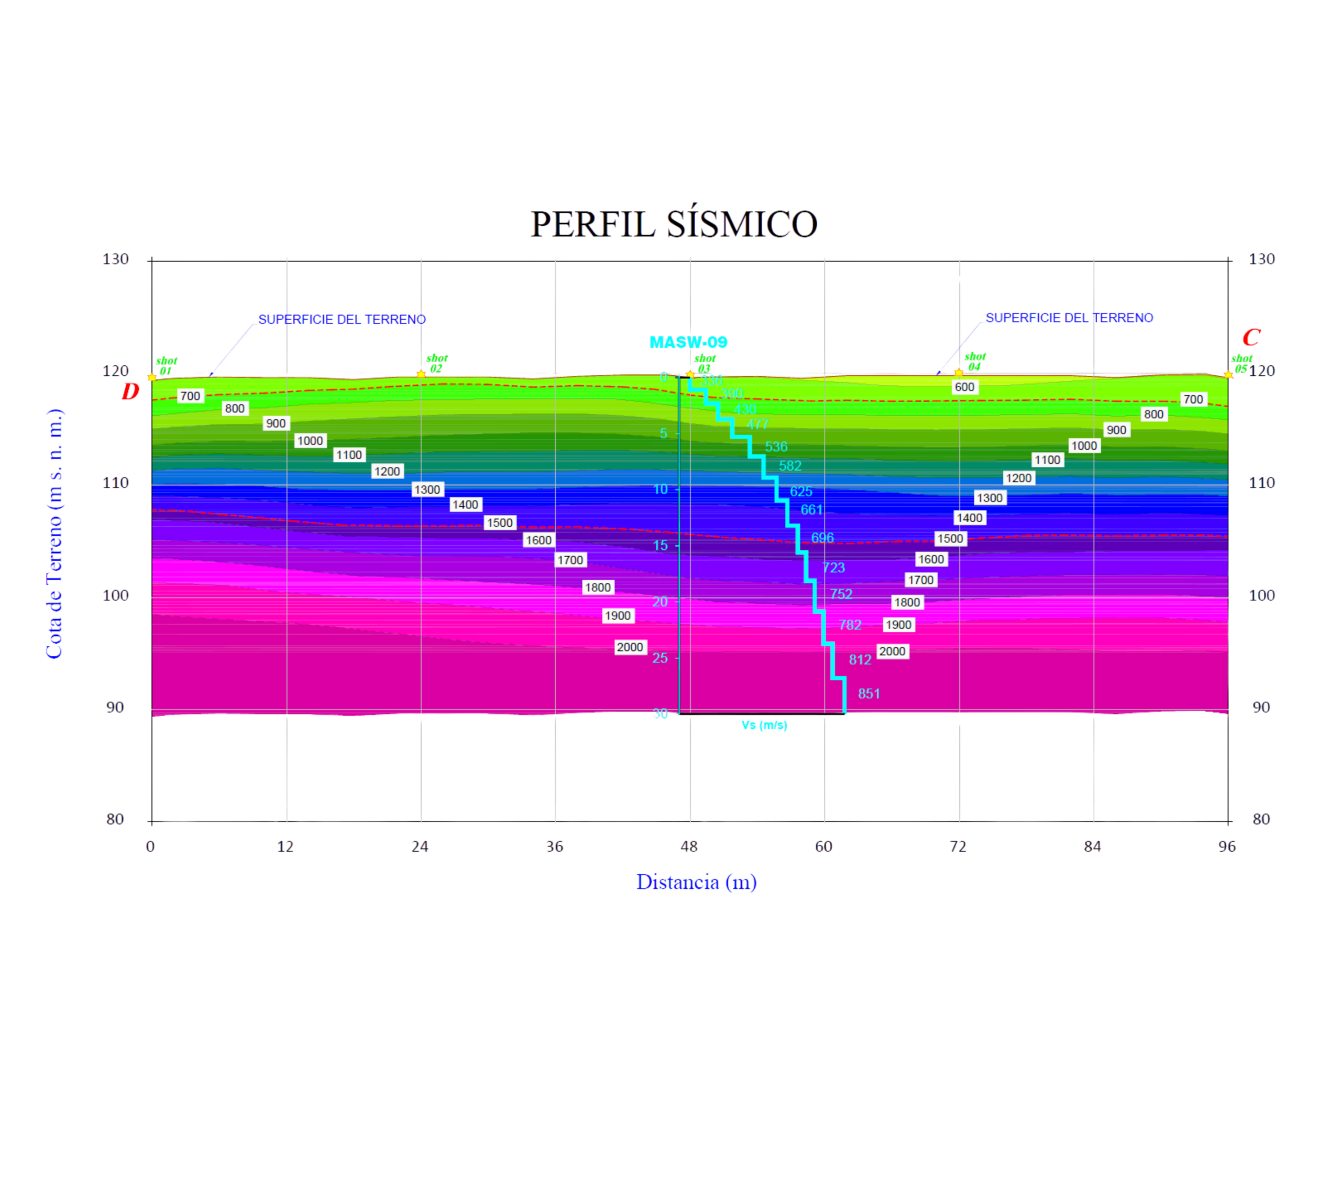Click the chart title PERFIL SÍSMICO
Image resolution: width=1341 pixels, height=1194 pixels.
674,224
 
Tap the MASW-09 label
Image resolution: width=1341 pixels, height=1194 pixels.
688,342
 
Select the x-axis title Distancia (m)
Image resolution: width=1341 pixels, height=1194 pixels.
696,882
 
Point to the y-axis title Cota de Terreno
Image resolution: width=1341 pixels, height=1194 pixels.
54,533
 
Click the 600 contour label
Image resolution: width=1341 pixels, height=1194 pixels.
964,387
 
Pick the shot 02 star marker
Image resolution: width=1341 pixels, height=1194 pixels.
421,374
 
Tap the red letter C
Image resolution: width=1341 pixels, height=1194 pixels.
1251,338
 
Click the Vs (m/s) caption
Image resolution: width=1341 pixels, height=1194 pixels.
764,725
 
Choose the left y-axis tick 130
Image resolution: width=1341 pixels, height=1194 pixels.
115,259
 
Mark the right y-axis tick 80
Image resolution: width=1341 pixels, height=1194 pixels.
1261,819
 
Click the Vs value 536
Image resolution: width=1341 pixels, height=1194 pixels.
776,447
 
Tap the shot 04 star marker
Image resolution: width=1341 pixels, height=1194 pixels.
959,373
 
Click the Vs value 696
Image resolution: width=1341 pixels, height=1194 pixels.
822,538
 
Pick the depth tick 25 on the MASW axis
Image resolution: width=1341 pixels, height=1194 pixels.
660,658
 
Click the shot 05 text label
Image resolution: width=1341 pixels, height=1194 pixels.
1241,363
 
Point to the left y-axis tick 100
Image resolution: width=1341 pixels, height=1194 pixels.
115,595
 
